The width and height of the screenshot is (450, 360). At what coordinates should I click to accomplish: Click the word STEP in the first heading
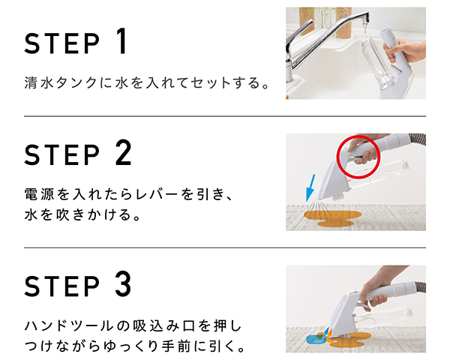(62, 43)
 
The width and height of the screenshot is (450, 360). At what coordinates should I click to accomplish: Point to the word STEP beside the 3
(62, 286)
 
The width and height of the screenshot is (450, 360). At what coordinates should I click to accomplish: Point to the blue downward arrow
(310, 187)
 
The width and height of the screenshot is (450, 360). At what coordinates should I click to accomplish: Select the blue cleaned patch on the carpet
(316, 339)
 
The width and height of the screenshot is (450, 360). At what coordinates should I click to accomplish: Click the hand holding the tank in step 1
(404, 51)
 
